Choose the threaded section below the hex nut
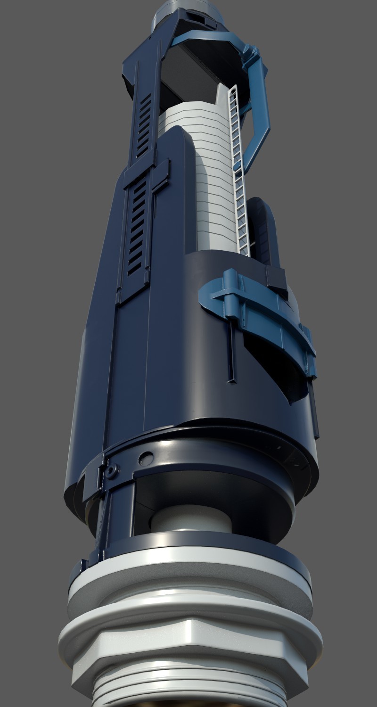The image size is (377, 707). coord(188,693)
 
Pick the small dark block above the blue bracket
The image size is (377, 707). coord(276,278)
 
